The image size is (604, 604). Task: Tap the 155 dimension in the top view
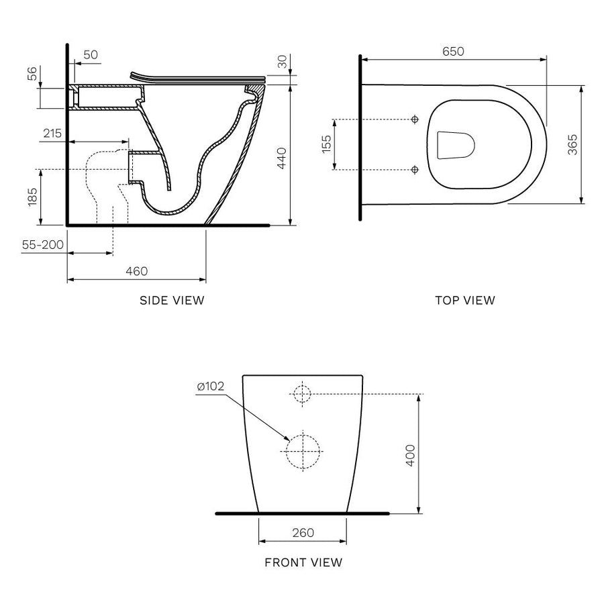point(325,144)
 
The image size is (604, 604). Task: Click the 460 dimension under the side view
point(136,271)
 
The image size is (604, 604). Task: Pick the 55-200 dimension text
point(43,245)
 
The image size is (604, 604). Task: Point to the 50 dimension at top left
point(91,54)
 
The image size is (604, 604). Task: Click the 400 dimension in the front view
point(411,454)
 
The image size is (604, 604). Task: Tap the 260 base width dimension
point(303,533)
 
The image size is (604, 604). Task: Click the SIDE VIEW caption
point(172,300)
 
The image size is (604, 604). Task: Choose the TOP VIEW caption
point(465,300)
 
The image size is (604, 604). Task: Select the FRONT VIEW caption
point(303,562)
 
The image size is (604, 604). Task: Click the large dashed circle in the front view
point(303,450)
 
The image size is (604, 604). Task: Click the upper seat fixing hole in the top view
point(414,119)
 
